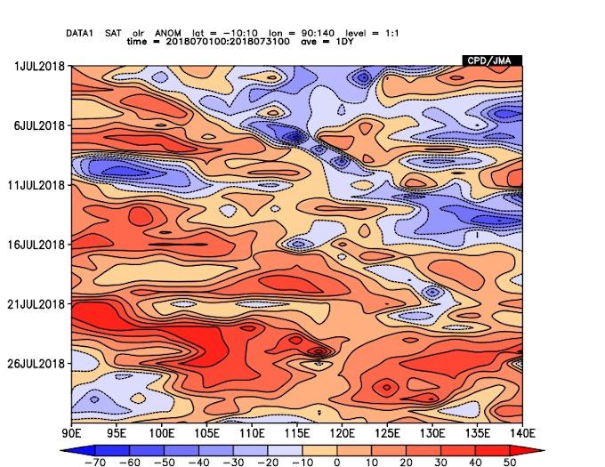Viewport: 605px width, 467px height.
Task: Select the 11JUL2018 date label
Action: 36,185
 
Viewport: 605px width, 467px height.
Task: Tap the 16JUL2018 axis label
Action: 36,244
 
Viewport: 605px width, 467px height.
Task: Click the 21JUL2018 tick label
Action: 36,303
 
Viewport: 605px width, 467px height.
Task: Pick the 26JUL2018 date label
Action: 36,362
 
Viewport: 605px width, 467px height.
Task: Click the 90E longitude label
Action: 72,433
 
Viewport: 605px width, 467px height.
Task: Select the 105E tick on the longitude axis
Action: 206,433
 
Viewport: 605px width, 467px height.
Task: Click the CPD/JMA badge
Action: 491,60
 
